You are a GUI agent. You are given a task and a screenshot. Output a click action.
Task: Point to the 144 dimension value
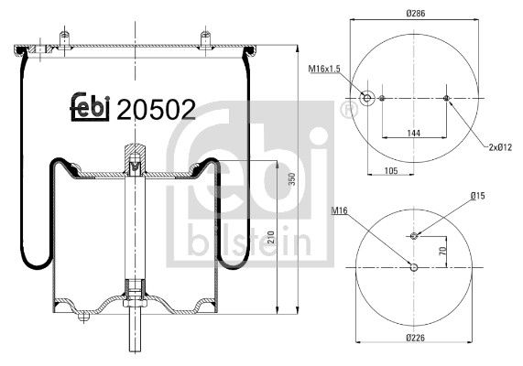(x=414, y=134)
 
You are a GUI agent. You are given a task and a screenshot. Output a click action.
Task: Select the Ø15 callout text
(x=477, y=195)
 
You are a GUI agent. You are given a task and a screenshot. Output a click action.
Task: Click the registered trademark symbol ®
(x=347, y=111)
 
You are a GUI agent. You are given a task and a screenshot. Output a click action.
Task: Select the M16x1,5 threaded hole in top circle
(x=367, y=99)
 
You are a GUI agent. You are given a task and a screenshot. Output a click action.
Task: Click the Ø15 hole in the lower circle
(x=414, y=236)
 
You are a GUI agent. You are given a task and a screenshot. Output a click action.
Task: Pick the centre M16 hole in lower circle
(x=414, y=268)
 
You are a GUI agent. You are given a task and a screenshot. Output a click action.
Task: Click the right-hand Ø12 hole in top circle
(x=446, y=99)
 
